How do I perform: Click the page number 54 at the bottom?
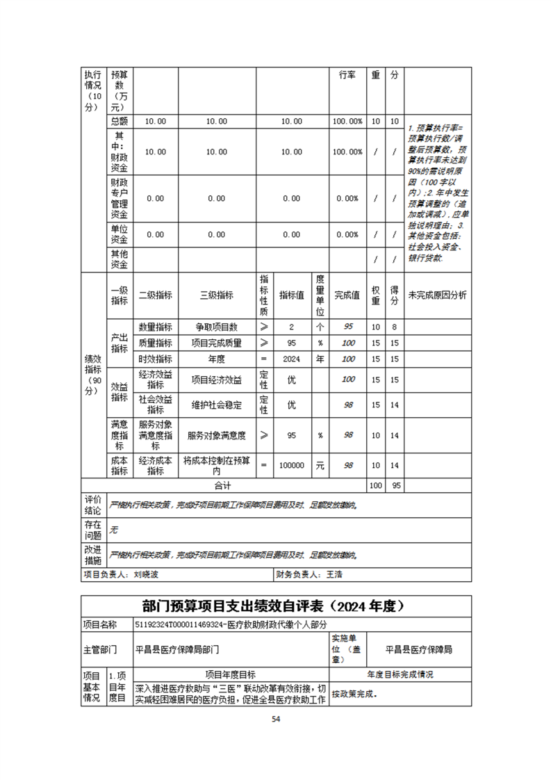click(x=275, y=720)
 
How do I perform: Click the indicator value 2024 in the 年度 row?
click(x=291, y=359)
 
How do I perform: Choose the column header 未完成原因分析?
click(x=438, y=295)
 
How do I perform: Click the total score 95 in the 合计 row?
click(x=395, y=485)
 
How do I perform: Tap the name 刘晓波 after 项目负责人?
click(x=147, y=575)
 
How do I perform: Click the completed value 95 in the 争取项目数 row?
click(x=348, y=327)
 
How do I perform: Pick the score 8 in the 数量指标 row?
click(x=395, y=327)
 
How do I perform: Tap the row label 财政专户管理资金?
click(x=119, y=198)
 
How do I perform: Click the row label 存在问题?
click(x=93, y=530)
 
